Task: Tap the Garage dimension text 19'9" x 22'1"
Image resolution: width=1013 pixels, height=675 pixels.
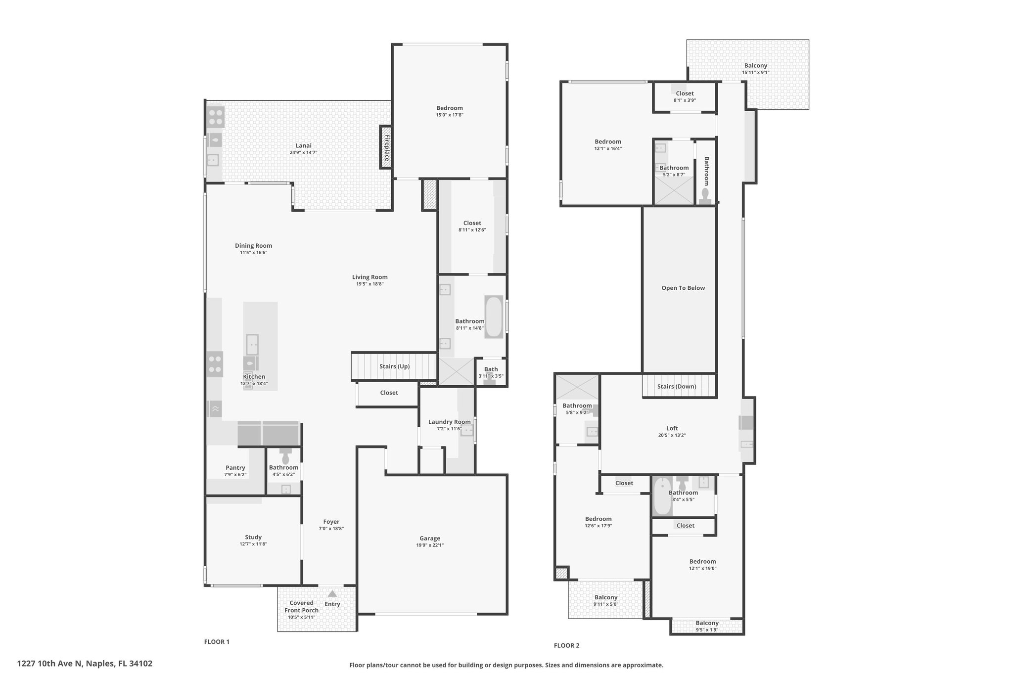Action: (x=430, y=545)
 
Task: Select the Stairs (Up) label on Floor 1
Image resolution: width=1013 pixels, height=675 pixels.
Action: (x=394, y=366)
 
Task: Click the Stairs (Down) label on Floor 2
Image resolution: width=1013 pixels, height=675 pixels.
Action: (x=677, y=387)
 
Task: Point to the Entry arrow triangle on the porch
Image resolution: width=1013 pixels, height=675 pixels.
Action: (x=332, y=594)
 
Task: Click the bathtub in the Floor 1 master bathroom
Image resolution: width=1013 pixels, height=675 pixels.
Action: (x=494, y=317)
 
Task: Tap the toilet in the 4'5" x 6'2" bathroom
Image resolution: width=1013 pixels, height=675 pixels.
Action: (x=285, y=456)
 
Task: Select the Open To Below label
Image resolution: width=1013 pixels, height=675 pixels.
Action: (x=683, y=288)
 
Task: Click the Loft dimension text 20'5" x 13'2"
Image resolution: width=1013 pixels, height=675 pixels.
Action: (x=672, y=436)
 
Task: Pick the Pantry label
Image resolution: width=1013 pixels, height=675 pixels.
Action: (x=235, y=467)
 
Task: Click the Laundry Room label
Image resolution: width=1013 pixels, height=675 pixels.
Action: (x=450, y=422)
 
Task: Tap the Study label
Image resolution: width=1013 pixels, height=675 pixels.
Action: (x=253, y=537)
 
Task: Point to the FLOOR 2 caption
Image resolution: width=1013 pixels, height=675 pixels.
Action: (x=566, y=645)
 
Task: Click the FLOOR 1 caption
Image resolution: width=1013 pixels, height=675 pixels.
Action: (x=217, y=642)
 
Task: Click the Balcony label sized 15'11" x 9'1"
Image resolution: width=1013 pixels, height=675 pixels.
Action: (x=756, y=66)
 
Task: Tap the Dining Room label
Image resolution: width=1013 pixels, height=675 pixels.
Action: (x=253, y=246)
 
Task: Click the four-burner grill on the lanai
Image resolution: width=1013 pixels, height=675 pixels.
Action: (x=216, y=117)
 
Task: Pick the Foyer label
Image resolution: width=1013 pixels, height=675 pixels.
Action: (x=331, y=522)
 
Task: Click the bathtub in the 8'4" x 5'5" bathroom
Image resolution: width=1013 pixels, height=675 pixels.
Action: (x=662, y=496)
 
